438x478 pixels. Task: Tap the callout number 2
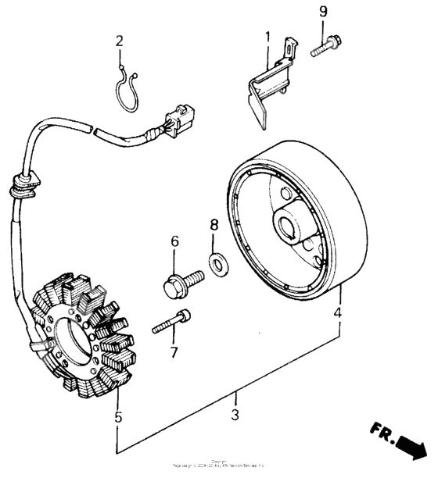[120, 41]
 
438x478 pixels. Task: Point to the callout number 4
[337, 315]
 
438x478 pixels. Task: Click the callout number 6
[175, 242]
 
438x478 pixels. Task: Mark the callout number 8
[213, 227]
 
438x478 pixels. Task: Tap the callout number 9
[323, 12]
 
